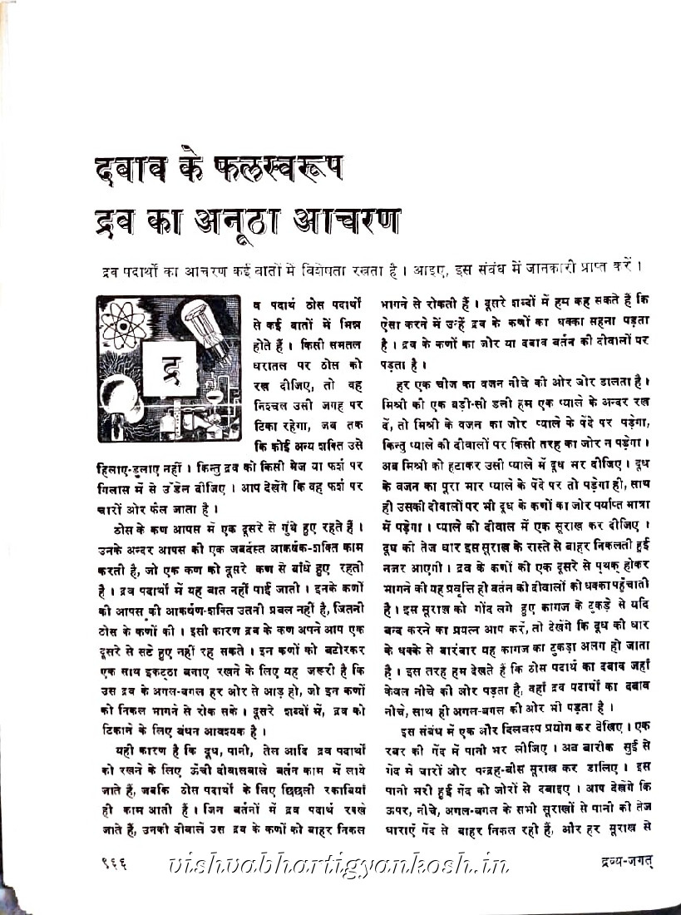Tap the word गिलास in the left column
(113, 484)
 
